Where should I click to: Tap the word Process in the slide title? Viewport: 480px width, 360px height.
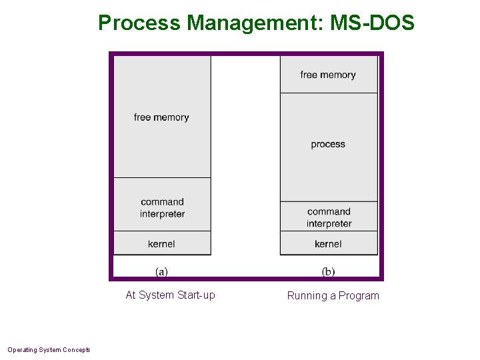click(x=139, y=23)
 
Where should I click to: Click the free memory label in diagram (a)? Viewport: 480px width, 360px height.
click(x=161, y=117)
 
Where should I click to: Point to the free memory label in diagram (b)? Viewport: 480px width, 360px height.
click(x=328, y=75)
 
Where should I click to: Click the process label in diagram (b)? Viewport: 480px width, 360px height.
click(x=328, y=144)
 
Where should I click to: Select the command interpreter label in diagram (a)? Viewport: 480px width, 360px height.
click(x=162, y=208)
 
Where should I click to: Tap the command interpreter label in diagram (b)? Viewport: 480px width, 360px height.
click(x=329, y=217)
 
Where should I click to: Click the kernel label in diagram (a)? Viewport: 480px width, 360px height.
click(x=161, y=244)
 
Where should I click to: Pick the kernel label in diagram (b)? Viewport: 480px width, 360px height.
click(x=328, y=244)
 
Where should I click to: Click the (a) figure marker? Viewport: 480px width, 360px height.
click(x=161, y=271)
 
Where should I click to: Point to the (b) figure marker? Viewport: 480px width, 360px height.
click(x=328, y=271)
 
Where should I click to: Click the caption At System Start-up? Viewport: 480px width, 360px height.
click(x=171, y=295)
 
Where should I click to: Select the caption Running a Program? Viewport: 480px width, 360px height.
click(x=333, y=295)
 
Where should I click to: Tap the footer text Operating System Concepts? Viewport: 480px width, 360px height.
click(x=49, y=349)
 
